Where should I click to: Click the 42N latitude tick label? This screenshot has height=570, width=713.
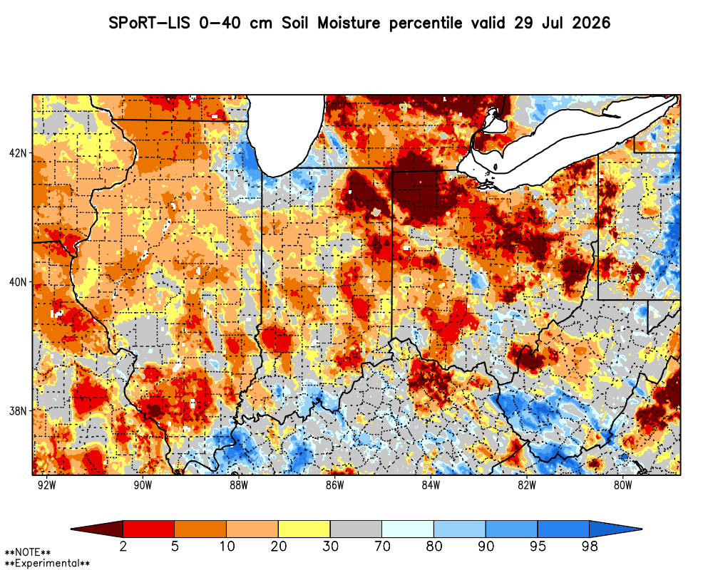tap(17, 152)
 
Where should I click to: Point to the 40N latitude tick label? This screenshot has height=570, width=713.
tap(17, 282)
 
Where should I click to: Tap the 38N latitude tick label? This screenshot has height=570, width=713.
tap(17, 411)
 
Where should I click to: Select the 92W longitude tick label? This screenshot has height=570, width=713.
tap(46, 485)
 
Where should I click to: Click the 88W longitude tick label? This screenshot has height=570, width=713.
tap(239, 485)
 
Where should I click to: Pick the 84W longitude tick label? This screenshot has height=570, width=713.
tap(431, 485)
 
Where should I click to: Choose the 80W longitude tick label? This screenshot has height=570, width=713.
tap(623, 485)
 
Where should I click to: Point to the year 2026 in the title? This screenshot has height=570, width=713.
tap(591, 23)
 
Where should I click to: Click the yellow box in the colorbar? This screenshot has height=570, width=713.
tap(304, 529)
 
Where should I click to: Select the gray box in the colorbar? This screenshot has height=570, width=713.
tap(356, 529)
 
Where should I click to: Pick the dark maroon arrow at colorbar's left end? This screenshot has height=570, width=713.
tap(97, 529)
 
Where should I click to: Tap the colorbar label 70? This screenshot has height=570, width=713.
tap(382, 546)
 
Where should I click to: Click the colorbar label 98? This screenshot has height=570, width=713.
tap(590, 546)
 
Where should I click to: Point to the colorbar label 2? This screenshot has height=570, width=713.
tap(123, 546)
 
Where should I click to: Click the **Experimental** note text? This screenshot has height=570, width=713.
tap(47, 564)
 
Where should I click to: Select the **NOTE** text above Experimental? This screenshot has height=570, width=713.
tap(27, 553)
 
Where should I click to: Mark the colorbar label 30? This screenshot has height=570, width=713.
tap(330, 546)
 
